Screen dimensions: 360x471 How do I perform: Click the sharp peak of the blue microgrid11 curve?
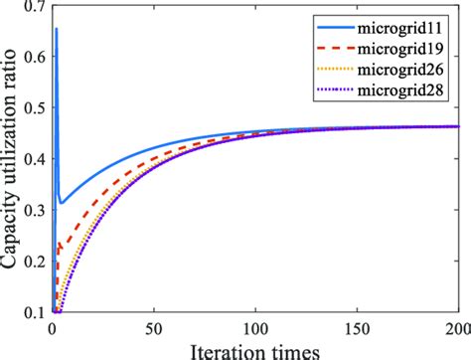(x=56, y=29)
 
